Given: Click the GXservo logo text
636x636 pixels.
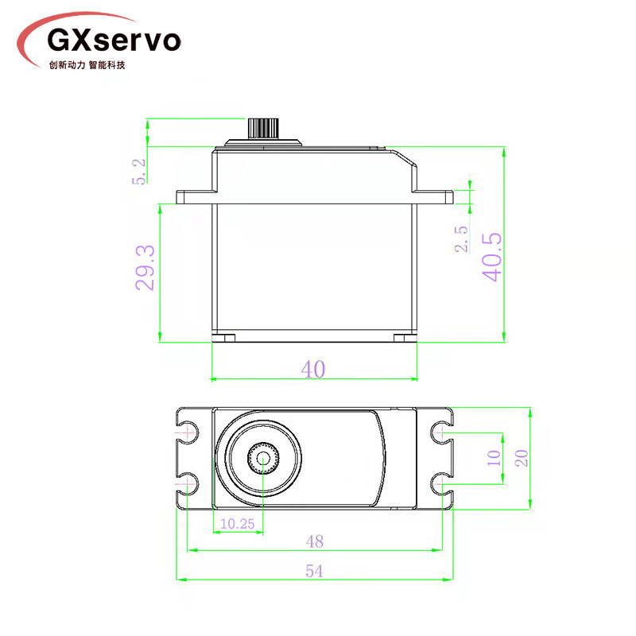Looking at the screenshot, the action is pos(114,41).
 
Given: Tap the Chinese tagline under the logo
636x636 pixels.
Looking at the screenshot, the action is pos(87,65).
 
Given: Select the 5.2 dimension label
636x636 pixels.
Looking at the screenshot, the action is pos(138,171).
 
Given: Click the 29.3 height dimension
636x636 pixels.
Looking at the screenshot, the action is pos(145,268).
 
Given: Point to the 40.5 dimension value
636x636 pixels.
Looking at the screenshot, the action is pos(492,257).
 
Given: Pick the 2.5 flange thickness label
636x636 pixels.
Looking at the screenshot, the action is pos(461,239).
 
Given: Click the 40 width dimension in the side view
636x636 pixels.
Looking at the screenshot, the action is pos(313,369).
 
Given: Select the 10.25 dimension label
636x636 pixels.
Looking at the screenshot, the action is pos(237,524).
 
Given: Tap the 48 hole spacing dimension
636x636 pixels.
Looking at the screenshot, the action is pos(315,541).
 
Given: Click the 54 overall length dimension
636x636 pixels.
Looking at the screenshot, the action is pos(314,571).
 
